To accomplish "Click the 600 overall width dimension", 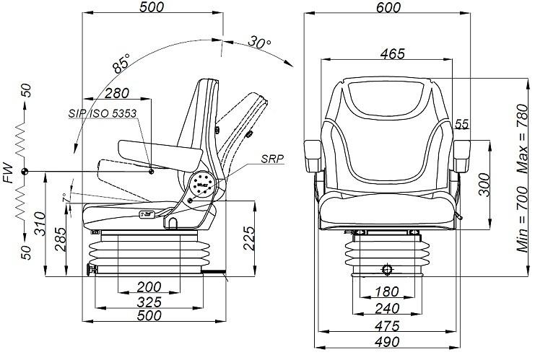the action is tap(388, 7).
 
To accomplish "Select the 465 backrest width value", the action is tap(392, 53).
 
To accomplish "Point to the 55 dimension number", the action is tap(461, 124).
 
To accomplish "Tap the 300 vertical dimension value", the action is tap(484, 185).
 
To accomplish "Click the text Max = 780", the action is tap(522, 138).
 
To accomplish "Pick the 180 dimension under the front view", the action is tap(386, 291).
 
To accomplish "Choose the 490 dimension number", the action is tap(387, 341).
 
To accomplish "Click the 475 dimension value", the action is tap(387, 326).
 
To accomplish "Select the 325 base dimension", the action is tap(149, 302).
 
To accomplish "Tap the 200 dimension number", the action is tap(149, 287).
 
